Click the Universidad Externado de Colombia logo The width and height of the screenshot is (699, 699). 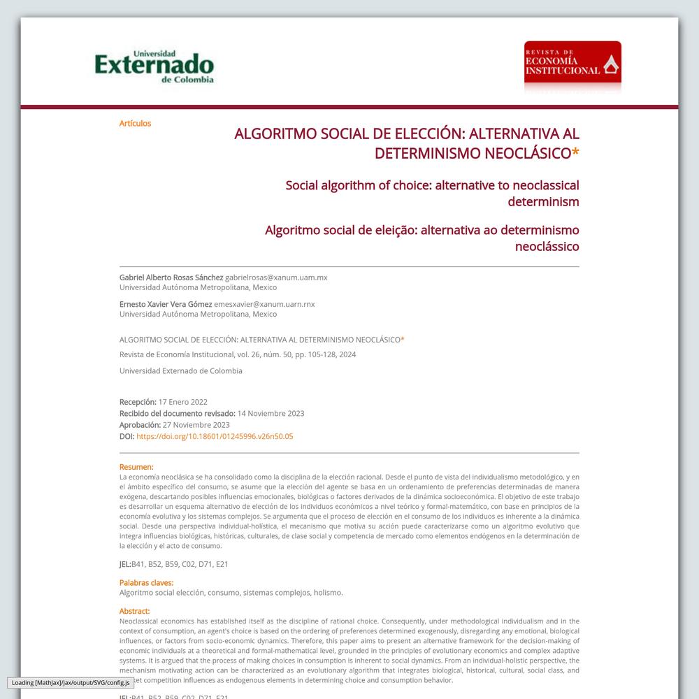click(154, 67)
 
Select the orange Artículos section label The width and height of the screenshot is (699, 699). click(135, 124)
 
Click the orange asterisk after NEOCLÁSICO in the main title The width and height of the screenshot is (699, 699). click(575, 153)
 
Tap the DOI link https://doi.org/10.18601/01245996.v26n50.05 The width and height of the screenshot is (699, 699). click(215, 436)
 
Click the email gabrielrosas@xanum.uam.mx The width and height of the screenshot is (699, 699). click(276, 278)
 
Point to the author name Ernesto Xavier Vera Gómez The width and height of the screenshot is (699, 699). click(166, 304)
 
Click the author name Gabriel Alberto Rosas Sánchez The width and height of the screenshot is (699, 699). click(171, 278)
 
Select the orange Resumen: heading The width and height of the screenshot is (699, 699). click(136, 467)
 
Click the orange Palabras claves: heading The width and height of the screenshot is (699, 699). click(146, 582)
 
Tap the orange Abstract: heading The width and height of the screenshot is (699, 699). click(134, 611)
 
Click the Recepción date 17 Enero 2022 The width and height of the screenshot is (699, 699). click(183, 402)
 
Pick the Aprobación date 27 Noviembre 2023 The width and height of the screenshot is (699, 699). click(196, 424)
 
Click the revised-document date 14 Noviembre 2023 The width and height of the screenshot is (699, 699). click(271, 413)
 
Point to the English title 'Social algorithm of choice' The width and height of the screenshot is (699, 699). click(432, 194)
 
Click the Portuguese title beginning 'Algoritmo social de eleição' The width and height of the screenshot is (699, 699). click(422, 238)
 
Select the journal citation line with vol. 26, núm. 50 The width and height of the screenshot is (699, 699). click(238, 354)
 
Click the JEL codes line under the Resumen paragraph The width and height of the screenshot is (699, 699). click(174, 564)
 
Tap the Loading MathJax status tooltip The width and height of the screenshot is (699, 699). click(71, 682)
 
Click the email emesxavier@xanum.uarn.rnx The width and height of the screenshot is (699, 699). click(264, 304)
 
